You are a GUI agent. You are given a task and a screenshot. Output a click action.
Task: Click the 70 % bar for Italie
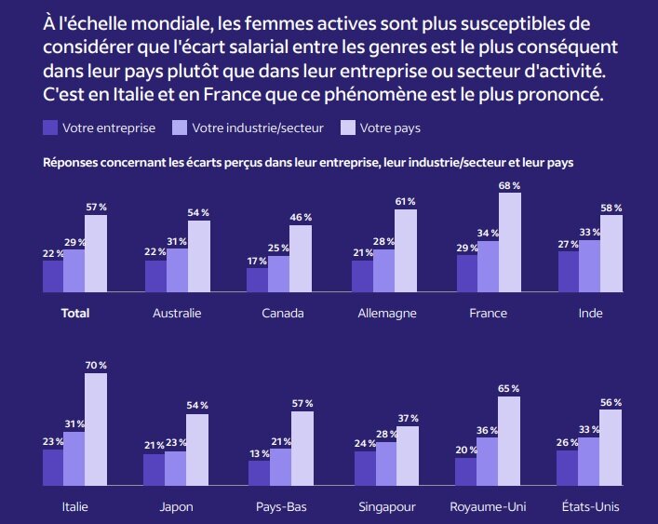click(x=96, y=430)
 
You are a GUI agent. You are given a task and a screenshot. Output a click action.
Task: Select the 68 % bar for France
click(x=510, y=243)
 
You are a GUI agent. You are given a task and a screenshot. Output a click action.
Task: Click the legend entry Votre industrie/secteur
click(x=248, y=128)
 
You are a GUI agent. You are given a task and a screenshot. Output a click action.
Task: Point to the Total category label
click(x=75, y=314)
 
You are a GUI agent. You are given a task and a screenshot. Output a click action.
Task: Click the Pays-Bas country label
click(x=281, y=507)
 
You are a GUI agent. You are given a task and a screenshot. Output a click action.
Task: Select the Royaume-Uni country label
click(x=488, y=507)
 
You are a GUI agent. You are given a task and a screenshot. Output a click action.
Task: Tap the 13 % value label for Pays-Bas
click(x=259, y=452)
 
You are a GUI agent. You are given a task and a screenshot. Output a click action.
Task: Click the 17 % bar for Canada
click(x=257, y=280)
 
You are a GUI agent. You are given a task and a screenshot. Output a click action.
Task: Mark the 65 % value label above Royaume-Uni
click(x=509, y=388)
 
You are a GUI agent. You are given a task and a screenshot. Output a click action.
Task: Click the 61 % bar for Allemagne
click(x=406, y=250)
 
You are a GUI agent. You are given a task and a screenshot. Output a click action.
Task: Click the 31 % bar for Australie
click(x=177, y=270)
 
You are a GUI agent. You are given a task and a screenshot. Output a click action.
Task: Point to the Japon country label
click(x=176, y=507)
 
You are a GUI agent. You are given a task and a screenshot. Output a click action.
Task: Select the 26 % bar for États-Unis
click(x=567, y=468)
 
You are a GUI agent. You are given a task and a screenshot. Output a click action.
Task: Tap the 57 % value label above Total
click(x=96, y=207)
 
